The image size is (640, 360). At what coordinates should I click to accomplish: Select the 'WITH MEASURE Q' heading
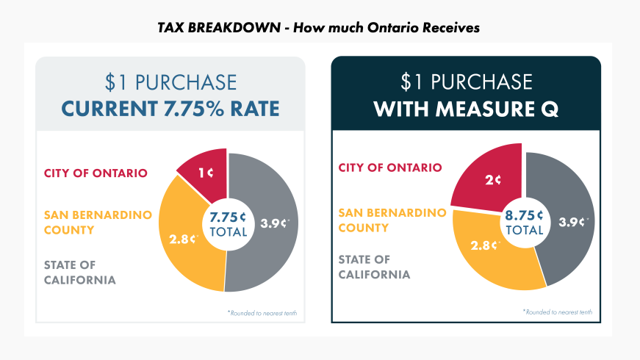[466, 109]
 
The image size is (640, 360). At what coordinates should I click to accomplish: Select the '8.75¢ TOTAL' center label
[524, 223]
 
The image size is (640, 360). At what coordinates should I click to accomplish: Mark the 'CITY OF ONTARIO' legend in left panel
[96, 173]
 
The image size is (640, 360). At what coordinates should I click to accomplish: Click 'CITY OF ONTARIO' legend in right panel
[390, 168]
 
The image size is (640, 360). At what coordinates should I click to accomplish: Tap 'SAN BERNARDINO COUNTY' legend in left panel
[98, 222]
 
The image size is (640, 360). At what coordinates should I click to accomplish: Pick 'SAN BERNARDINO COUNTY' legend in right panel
[392, 220]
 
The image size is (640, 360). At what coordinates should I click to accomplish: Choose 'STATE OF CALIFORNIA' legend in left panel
[79, 272]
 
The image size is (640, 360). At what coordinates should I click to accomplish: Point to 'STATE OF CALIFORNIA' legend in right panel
[374, 267]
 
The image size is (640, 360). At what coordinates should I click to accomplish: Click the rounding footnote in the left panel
[262, 314]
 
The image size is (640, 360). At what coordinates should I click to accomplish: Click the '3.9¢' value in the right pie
[572, 222]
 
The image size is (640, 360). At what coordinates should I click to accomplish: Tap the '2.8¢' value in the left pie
[183, 238]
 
